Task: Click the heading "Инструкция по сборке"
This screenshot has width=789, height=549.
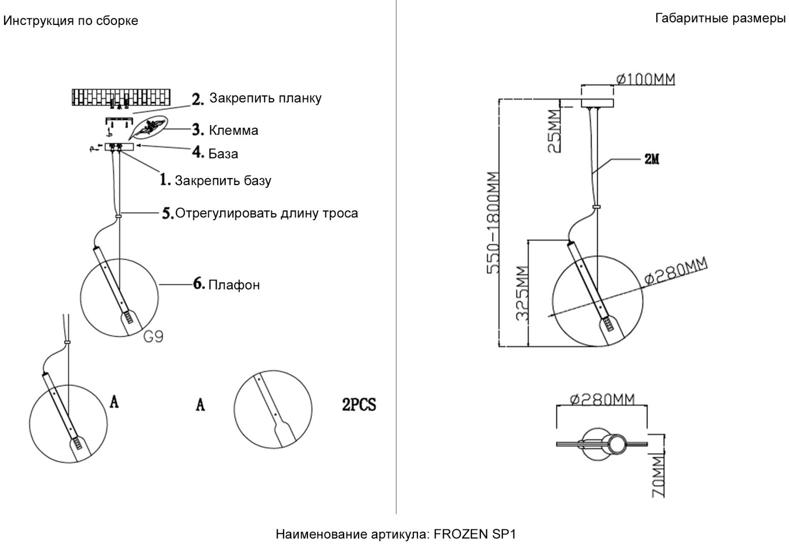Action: point(71,21)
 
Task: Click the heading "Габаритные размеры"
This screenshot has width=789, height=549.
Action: point(720,18)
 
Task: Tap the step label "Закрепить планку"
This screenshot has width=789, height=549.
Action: point(265,98)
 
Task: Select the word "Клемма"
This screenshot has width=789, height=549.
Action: point(233,130)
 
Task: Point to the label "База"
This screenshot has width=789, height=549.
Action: point(223,154)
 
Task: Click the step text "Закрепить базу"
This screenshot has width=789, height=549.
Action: point(223,180)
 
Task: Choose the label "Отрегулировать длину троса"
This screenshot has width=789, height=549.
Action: point(266,213)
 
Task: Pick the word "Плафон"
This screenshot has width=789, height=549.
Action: point(234,285)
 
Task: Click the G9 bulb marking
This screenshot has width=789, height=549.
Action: point(154,337)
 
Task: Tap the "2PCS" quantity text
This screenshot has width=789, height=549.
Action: point(359,404)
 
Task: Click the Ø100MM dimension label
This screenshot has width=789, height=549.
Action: point(646,79)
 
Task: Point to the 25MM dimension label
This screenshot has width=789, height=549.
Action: point(555,131)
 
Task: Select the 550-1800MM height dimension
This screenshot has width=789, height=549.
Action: point(493,223)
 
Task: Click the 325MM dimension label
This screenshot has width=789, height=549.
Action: point(523,293)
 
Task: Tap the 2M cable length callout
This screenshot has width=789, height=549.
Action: point(652,159)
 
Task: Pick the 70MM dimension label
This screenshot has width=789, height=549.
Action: point(658,477)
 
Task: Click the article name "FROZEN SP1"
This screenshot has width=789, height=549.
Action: point(475,534)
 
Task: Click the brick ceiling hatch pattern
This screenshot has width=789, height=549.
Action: point(121,97)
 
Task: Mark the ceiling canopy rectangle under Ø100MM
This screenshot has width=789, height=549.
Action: point(597,103)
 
